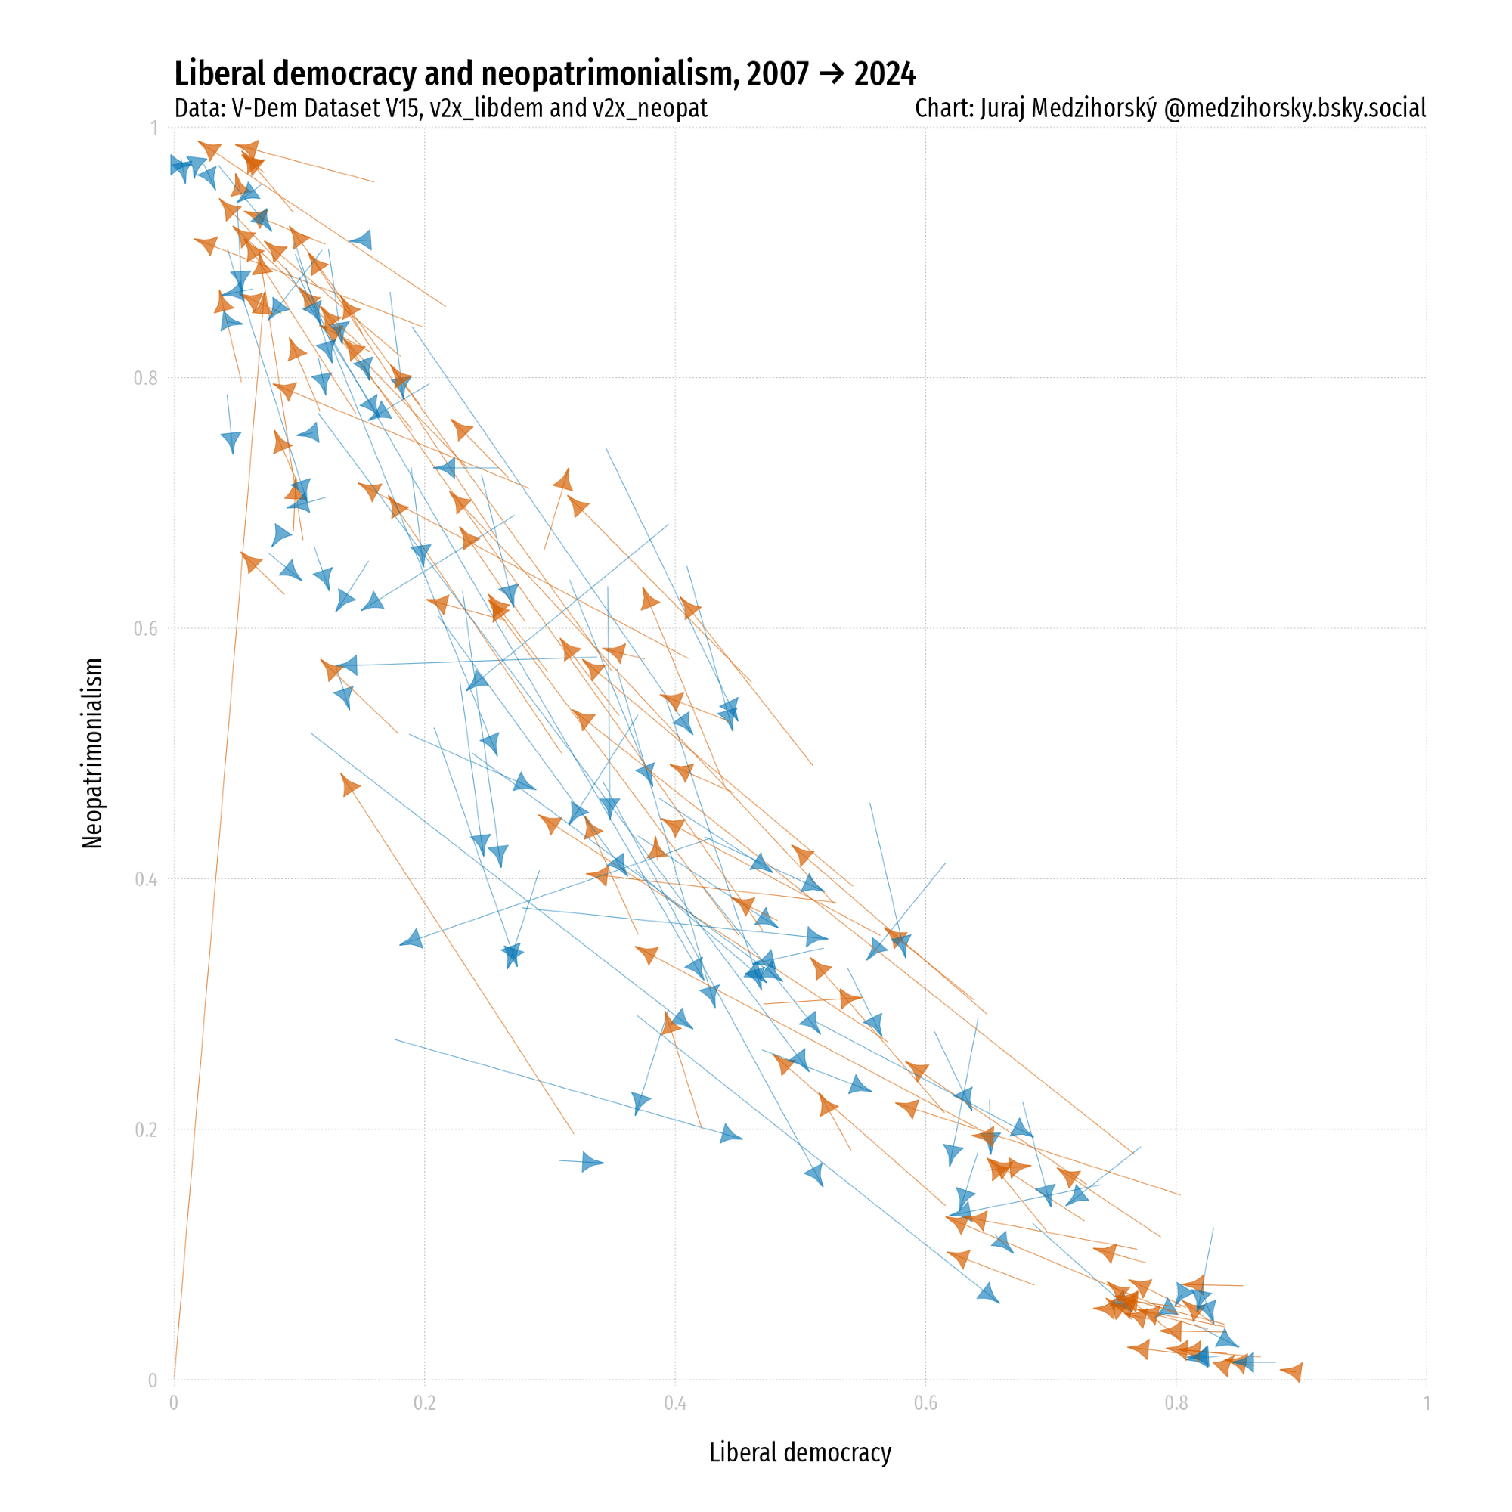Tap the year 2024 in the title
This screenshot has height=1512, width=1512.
pos(885,74)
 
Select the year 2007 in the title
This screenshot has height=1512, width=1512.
pos(777,74)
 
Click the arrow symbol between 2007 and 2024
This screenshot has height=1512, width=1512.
pos(831,75)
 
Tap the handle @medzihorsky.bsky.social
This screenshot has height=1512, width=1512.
pos(1294,108)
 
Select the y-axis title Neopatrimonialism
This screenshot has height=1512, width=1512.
pos(92,753)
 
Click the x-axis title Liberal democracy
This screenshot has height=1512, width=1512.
pos(800,1452)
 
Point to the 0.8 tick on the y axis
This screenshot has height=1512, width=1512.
pos(146,379)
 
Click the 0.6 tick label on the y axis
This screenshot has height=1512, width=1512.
pos(146,629)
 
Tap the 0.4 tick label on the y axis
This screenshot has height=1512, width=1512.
pos(146,880)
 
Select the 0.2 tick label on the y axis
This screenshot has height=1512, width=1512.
pos(146,1130)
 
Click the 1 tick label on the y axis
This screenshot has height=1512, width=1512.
pos(153,128)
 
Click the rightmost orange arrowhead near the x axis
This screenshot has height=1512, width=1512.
pos(1293,1372)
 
